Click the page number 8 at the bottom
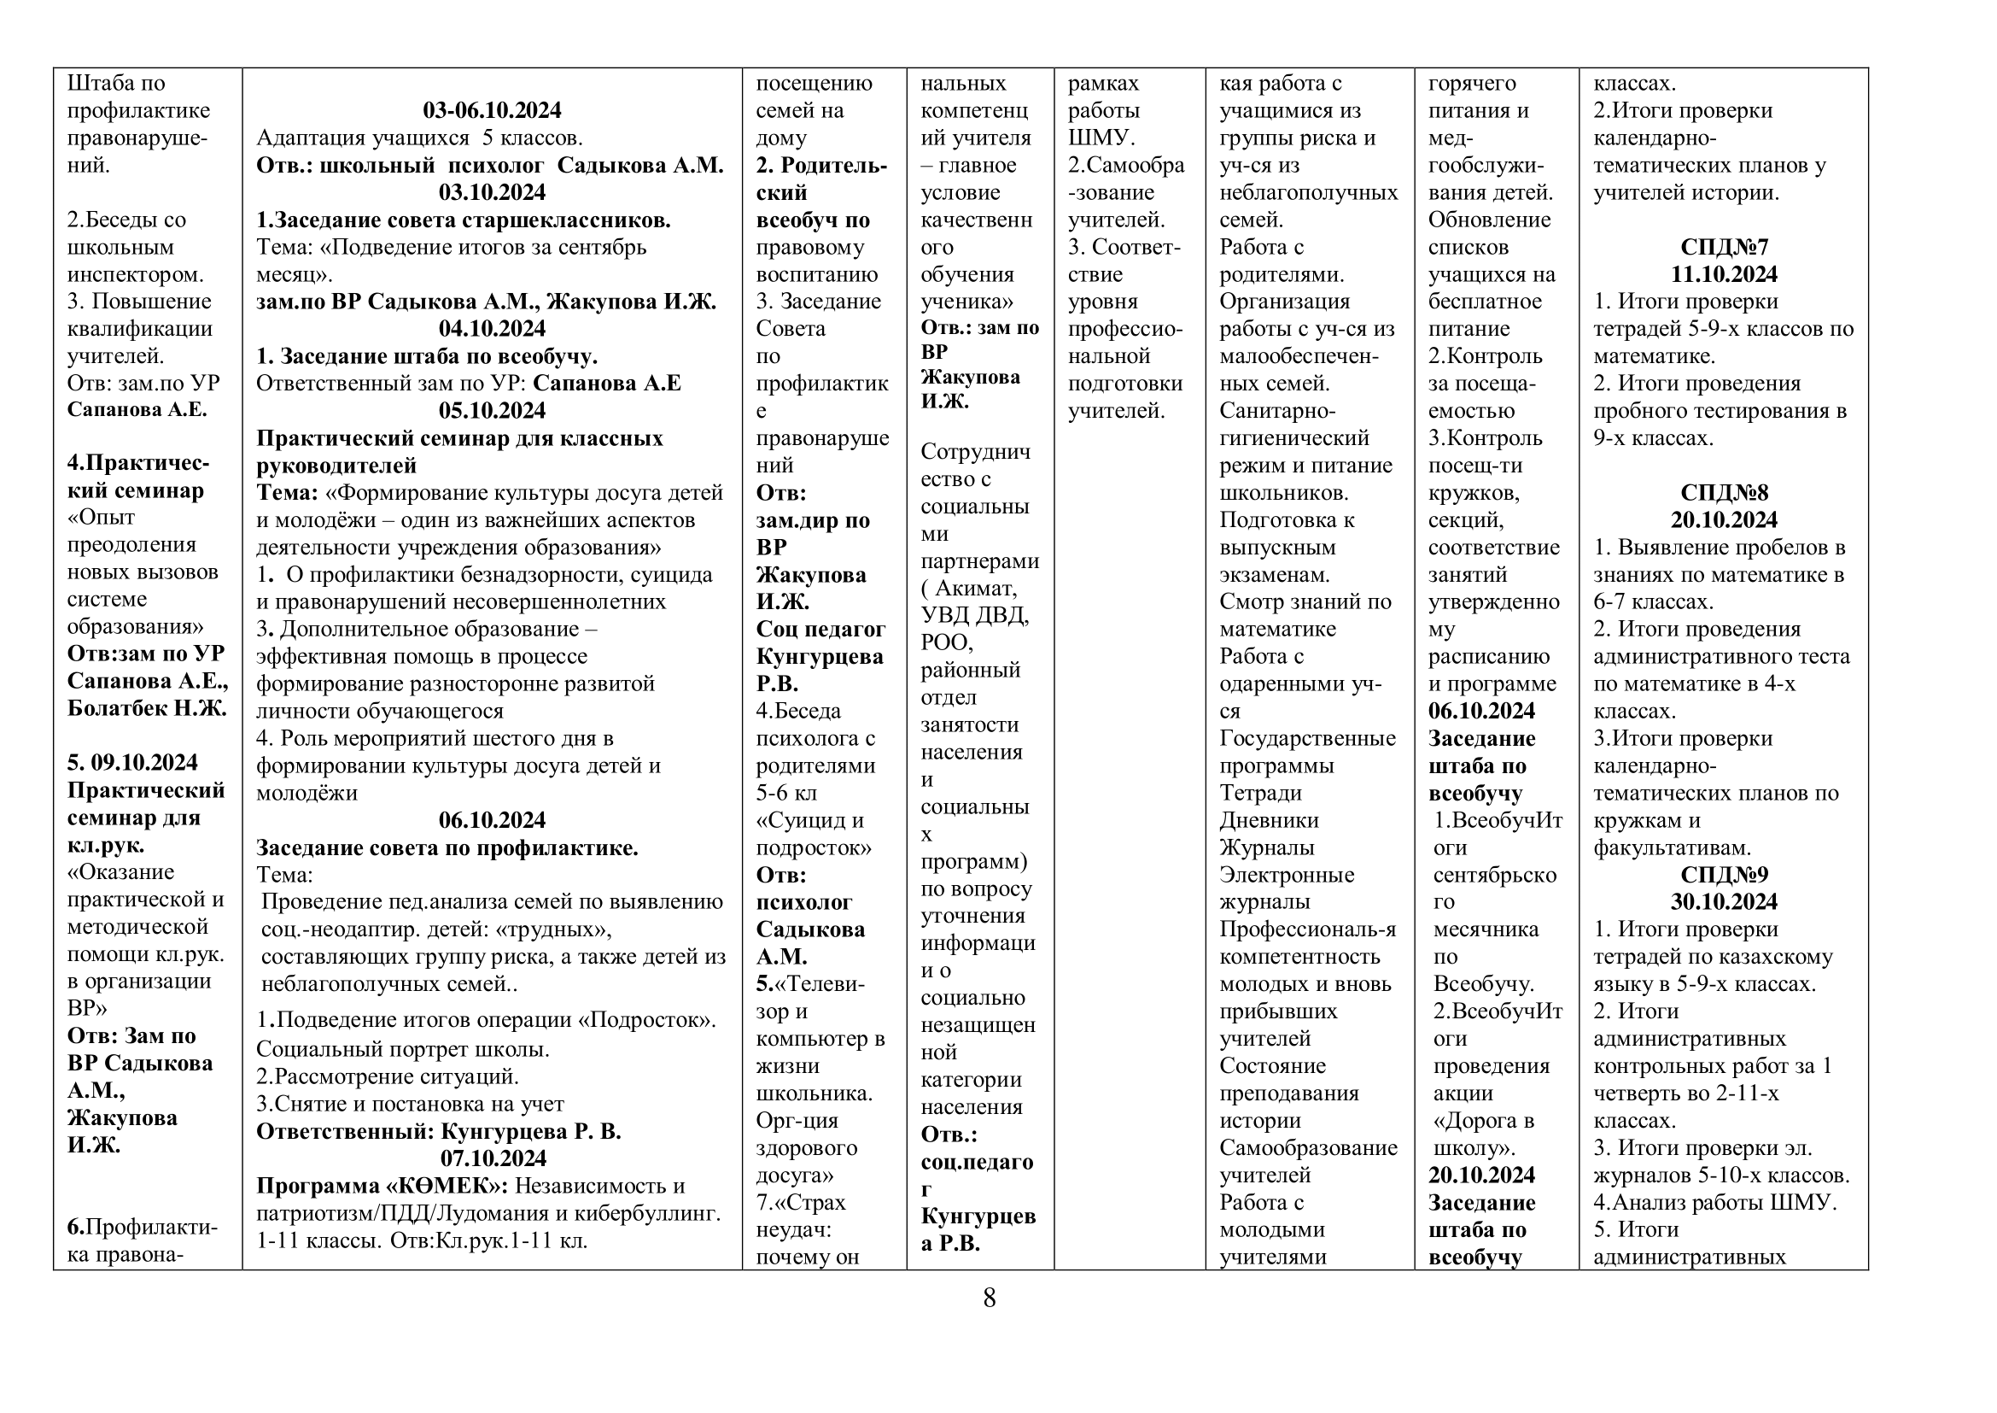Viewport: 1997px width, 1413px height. click(989, 1299)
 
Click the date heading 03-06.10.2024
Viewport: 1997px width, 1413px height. click(492, 110)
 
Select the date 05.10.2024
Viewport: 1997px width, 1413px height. click(492, 411)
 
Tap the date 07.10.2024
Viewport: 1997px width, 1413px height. click(492, 1159)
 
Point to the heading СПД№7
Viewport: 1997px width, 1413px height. click(1723, 247)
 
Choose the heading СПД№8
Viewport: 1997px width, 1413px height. click(1723, 493)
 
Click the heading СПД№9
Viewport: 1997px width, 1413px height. click(1723, 876)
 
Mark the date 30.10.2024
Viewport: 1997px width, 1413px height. click(1723, 902)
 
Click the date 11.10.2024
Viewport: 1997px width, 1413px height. click(1723, 275)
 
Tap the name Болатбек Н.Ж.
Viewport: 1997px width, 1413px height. click(146, 708)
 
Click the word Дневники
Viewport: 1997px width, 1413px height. click(1269, 820)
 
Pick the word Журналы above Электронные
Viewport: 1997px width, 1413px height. click(1266, 848)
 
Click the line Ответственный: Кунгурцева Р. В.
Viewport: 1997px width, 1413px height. click(438, 1132)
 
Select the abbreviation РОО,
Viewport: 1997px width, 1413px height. click(947, 643)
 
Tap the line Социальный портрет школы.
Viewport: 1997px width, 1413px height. click(403, 1050)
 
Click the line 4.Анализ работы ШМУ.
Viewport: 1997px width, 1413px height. click(1714, 1204)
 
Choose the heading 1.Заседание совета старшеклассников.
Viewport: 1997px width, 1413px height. click(463, 220)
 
